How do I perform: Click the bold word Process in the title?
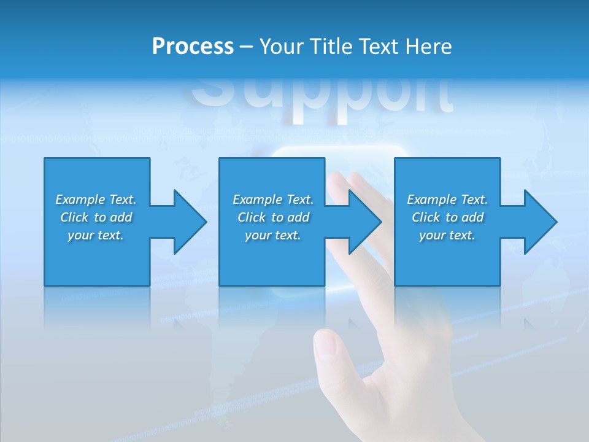pos(193,47)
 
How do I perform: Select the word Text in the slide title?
pos(379,47)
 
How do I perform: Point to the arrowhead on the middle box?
pos(364,222)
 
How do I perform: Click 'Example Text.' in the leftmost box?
pos(96,200)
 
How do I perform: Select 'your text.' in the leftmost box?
pos(96,235)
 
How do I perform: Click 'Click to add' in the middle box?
pos(273,217)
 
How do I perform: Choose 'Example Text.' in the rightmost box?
pos(447,200)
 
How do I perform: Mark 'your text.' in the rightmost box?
pos(447,235)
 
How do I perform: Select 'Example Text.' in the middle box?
pos(273,200)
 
